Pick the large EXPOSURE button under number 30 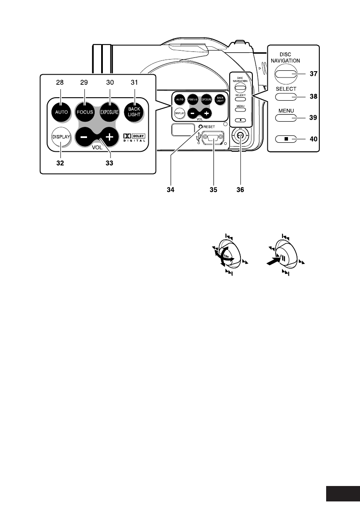coord(110,112)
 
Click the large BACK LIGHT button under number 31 coord(134,112)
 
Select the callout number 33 coord(110,163)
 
